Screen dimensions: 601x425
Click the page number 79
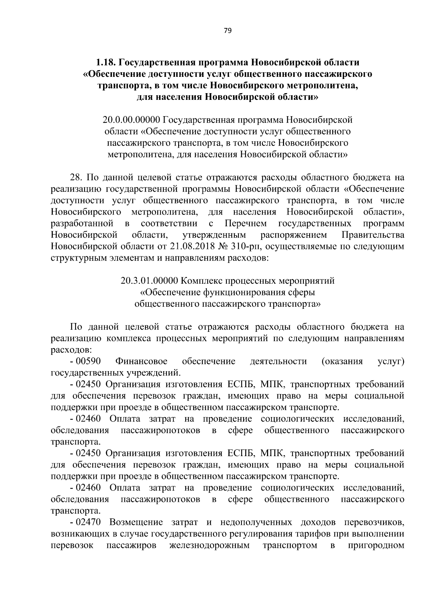click(227, 31)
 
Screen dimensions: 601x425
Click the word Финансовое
click(141, 361)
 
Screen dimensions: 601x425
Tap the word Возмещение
click(136, 522)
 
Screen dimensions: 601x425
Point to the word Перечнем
click(245, 223)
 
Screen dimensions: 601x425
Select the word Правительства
click(373, 235)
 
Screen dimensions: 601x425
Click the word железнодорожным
click(210, 545)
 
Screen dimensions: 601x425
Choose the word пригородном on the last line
click(376, 545)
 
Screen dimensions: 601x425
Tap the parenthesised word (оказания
click(342, 361)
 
